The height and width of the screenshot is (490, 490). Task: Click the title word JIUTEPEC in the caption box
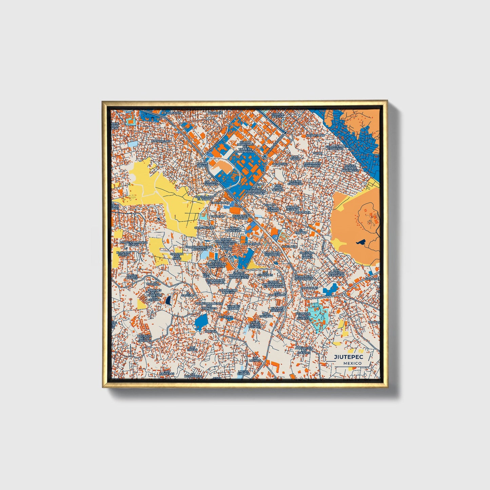tap(348, 357)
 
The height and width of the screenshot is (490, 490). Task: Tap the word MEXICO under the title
tap(352, 363)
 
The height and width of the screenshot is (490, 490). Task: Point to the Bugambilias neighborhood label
tap(161, 141)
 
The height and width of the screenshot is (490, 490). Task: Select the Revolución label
tap(172, 113)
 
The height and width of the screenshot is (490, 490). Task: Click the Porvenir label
tap(215, 112)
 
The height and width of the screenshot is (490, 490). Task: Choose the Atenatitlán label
tap(315, 135)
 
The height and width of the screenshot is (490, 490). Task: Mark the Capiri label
tap(318, 153)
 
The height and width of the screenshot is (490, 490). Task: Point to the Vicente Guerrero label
tap(294, 182)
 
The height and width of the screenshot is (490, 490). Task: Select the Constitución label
tap(204, 228)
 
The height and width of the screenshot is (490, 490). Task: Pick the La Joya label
tap(210, 331)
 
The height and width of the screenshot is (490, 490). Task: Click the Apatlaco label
tap(289, 246)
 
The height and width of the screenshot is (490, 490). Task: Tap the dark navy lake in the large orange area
tap(361, 242)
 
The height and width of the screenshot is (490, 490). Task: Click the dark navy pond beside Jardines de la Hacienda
tap(168, 300)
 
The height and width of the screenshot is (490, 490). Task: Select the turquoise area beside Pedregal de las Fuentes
tap(319, 315)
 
